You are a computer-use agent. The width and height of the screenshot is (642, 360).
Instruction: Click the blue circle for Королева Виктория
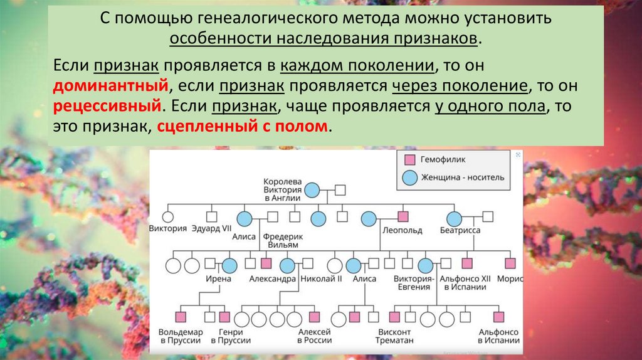coord(312,189)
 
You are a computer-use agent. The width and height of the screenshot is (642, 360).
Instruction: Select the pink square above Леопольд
coord(403,217)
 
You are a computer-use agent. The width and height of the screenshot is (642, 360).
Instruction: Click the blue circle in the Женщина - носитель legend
coord(408,177)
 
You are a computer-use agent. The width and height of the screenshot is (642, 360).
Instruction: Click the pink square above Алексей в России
coord(314,317)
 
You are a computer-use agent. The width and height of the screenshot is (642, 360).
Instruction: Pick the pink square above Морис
coord(510,264)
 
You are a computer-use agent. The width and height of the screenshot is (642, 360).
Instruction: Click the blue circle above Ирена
coord(229,265)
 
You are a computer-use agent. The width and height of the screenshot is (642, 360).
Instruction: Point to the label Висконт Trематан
coord(394,336)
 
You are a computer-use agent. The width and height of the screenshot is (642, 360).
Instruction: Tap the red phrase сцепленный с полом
coord(243,125)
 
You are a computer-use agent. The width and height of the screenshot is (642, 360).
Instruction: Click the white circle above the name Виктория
coord(167,217)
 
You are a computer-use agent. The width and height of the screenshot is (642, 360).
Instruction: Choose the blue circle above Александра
coord(287,265)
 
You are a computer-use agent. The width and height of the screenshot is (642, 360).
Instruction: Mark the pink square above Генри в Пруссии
coord(224,317)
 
